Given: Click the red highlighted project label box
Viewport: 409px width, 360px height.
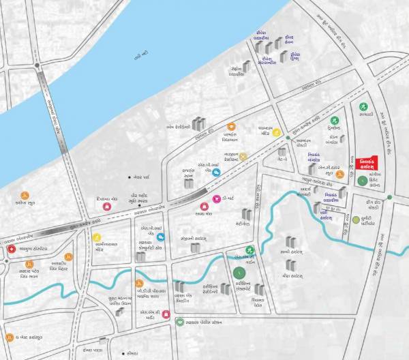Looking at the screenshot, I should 372,163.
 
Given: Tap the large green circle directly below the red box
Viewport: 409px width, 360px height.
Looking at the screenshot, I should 361,181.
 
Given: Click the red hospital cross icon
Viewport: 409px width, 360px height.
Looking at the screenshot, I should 11,250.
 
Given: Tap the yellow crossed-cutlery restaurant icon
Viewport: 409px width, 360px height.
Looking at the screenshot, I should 241,156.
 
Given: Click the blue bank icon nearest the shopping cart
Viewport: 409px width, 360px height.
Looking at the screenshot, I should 217,173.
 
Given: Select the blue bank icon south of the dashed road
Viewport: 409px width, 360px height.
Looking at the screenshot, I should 161,237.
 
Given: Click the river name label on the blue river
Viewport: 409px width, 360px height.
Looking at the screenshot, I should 141,54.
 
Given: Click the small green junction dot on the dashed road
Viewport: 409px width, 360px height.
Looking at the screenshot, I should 288,139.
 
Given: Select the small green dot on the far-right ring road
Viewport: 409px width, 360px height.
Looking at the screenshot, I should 389,198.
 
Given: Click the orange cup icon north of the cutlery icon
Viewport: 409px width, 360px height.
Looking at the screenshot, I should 231,126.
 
